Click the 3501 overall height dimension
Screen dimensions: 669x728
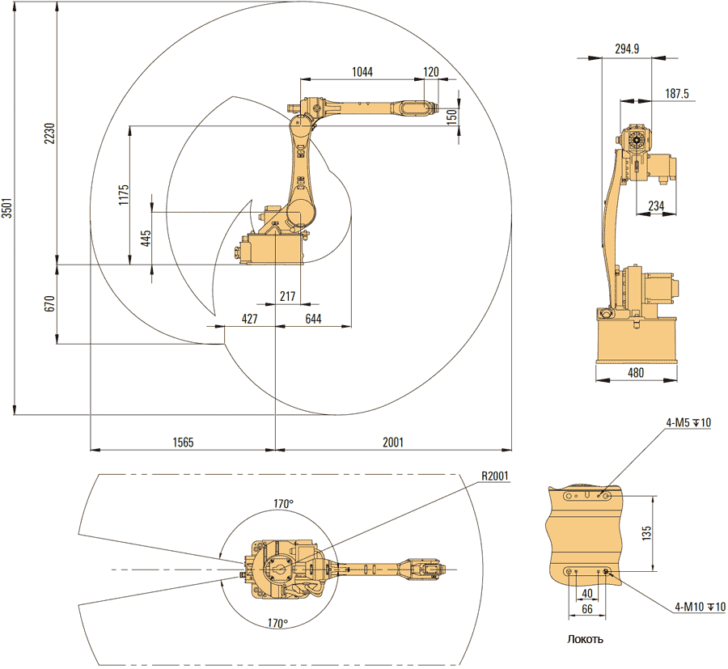[x=7, y=210]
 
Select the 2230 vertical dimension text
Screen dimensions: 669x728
[x=49, y=134]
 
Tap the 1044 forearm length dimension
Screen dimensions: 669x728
[x=362, y=72]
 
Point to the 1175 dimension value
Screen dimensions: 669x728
[x=123, y=195]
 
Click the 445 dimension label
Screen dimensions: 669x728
[x=146, y=239]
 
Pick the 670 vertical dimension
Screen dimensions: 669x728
[x=49, y=304]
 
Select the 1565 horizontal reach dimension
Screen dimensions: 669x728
[x=183, y=442]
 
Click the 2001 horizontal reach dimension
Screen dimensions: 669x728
[x=393, y=442]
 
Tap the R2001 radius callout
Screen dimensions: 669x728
[x=494, y=476]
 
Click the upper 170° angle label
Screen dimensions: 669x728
[x=283, y=504]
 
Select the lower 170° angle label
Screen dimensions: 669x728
[x=277, y=624]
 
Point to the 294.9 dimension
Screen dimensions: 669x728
[x=627, y=49]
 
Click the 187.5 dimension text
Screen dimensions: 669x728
[x=676, y=94]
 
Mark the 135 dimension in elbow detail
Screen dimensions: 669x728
[x=645, y=532]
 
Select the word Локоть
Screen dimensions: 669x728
[x=586, y=639]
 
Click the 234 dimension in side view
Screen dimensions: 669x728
[x=656, y=207]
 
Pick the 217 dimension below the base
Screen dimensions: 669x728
[x=287, y=297]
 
